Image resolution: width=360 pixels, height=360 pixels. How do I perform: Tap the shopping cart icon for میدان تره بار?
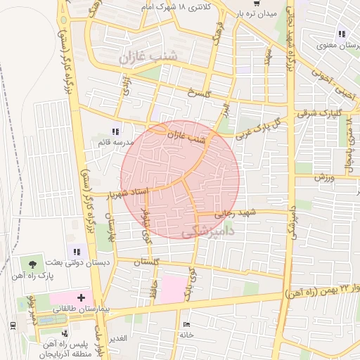255,4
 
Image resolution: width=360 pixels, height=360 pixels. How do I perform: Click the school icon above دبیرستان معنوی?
341,34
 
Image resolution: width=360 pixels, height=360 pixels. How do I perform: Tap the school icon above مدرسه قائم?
116,131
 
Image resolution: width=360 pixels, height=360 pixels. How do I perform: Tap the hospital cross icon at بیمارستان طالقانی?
81,298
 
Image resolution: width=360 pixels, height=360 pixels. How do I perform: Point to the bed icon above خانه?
186,325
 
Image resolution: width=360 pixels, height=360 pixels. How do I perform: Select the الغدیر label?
117,338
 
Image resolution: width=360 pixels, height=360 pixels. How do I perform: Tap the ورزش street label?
323,177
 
